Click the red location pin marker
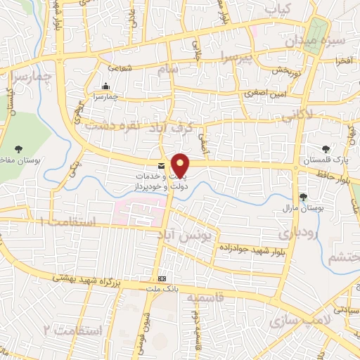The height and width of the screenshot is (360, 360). pyautogui.click(x=181, y=165)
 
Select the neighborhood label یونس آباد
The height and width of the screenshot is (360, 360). pyautogui.click(x=192, y=237)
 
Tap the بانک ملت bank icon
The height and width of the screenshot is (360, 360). pyautogui.click(x=162, y=278)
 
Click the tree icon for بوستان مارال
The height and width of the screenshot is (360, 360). pyautogui.click(x=303, y=198)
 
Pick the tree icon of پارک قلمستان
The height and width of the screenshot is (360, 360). pyautogui.click(x=325, y=148)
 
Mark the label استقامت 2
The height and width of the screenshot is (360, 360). pyautogui.click(x=72, y=330)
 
